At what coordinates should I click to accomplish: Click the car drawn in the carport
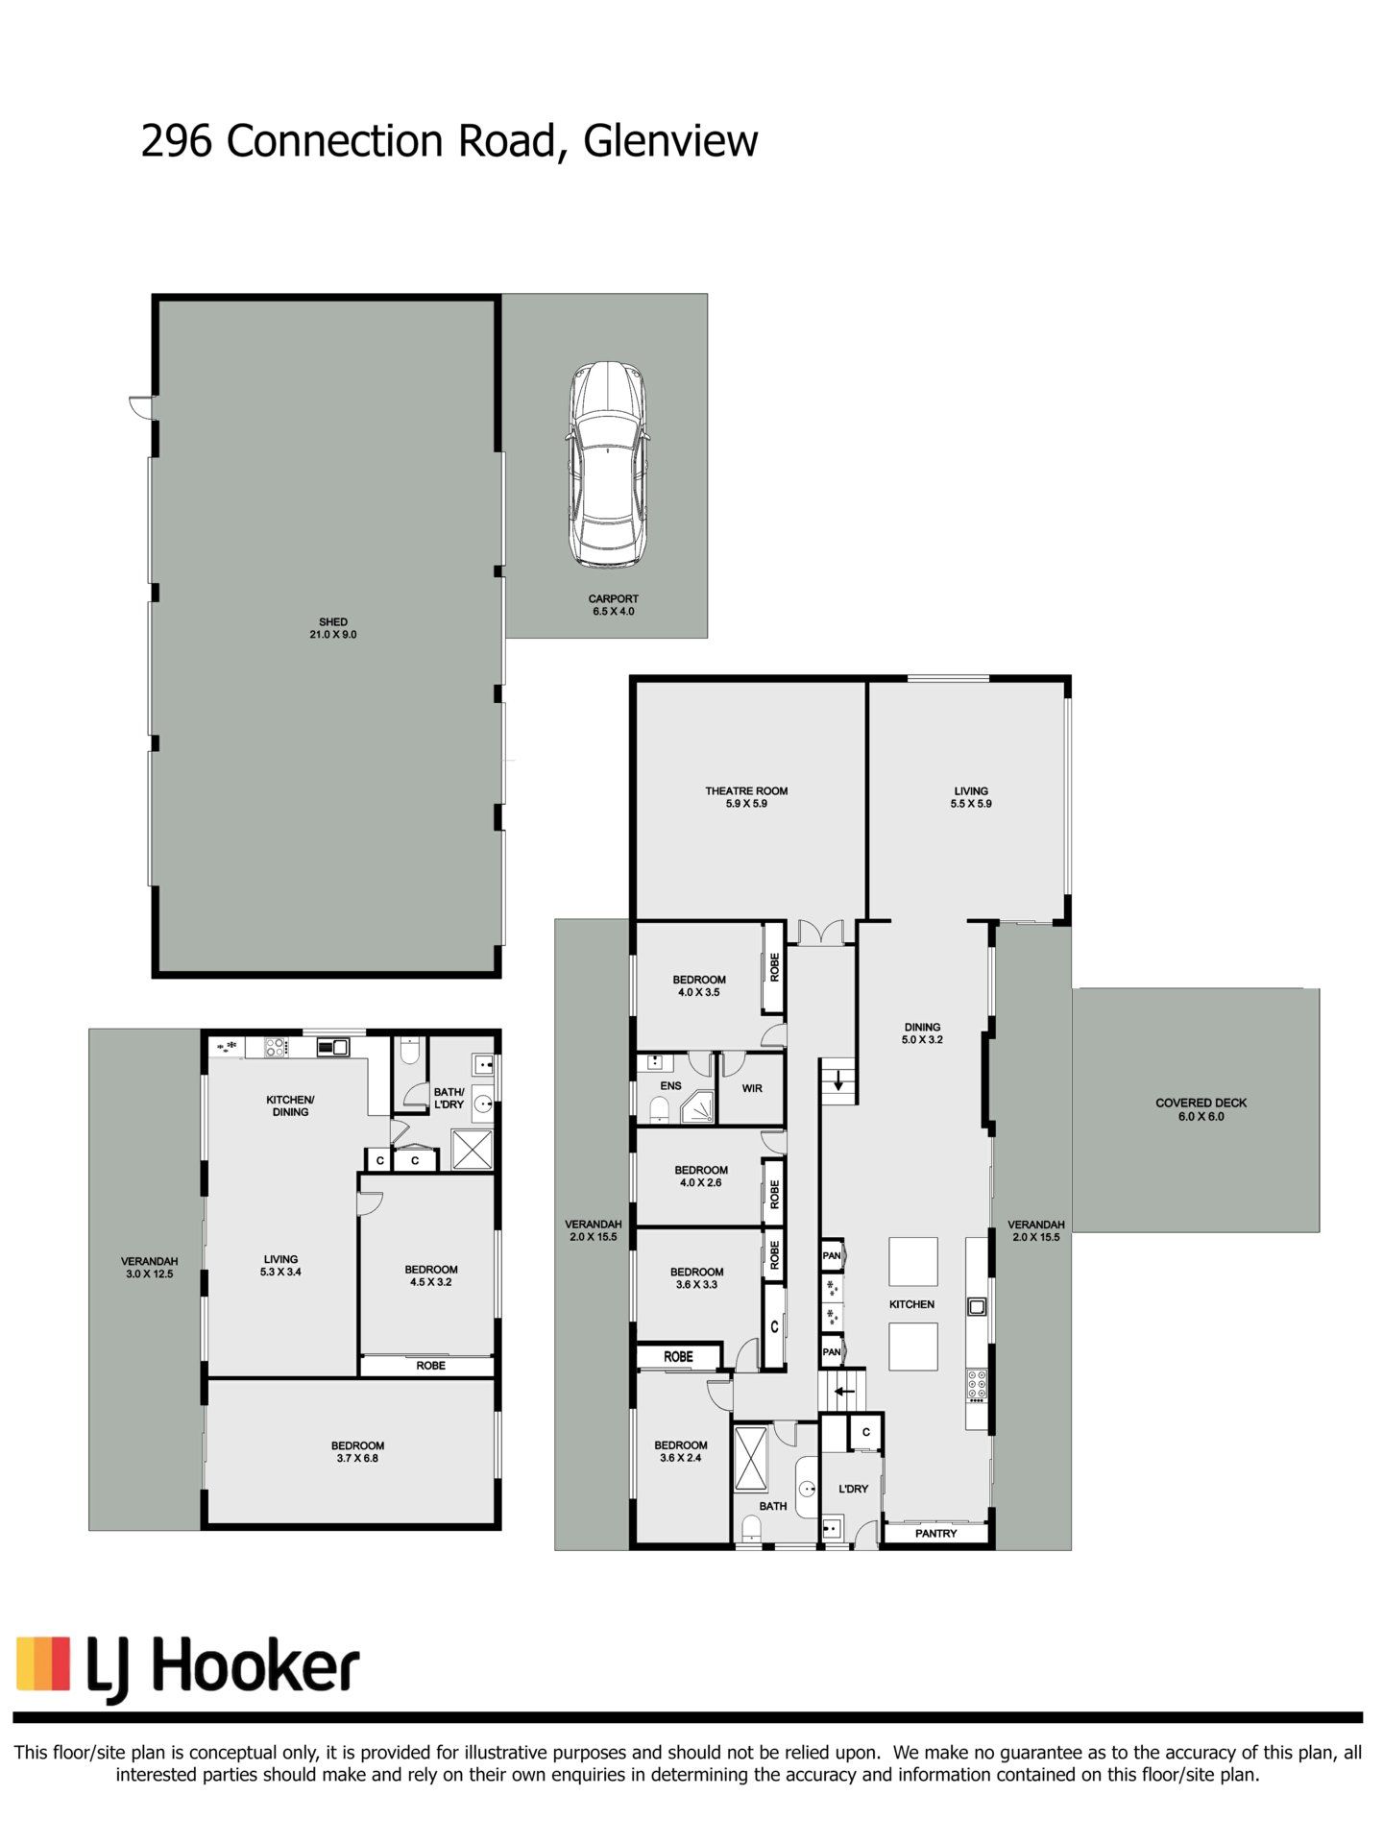608,464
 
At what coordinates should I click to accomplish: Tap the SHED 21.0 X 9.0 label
333,628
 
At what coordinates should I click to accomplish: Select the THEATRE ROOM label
746,791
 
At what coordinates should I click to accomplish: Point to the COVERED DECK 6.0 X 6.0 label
1201,1109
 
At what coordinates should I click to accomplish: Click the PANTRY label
935,1534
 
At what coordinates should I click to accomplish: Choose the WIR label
752,1088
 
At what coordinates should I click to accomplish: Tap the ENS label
670,1086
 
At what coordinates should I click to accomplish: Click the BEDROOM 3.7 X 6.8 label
357,1451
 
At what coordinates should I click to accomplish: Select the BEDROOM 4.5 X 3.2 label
431,1275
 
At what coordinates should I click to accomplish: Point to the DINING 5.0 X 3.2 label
922,1032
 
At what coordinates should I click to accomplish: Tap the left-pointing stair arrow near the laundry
843,1391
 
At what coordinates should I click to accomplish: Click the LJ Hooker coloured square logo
43,1662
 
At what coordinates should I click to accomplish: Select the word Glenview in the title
670,141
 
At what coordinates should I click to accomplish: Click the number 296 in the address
177,141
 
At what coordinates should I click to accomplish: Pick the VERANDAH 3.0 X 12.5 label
149,1268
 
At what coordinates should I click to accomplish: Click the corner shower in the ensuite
698,1107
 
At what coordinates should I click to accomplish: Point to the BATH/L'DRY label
449,1098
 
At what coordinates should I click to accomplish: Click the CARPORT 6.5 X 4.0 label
613,604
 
